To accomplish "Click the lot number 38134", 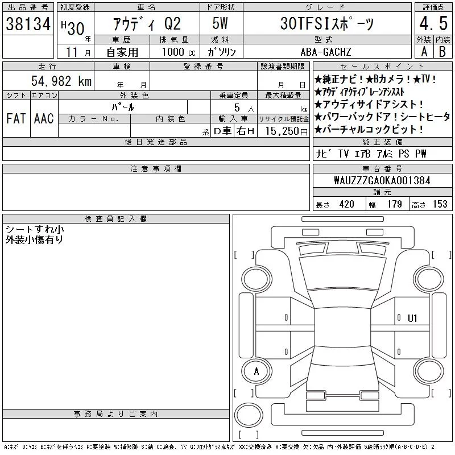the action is click(x=28, y=24).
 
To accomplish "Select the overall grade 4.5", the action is click(x=433, y=23).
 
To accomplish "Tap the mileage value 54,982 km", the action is click(x=61, y=81).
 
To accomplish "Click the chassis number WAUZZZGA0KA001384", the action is click(x=382, y=180).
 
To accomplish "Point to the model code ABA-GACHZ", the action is click(x=326, y=52).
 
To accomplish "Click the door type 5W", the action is click(x=220, y=23).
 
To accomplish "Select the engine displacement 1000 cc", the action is click(x=179, y=52).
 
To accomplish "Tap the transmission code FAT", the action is click(x=16, y=118).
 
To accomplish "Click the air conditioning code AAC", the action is click(x=44, y=118).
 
